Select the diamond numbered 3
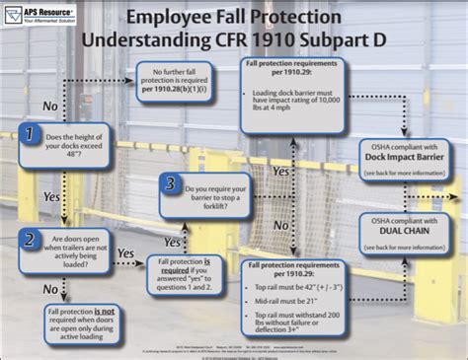point(171,183)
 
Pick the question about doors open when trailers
point(76,252)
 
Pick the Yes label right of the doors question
point(127,253)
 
